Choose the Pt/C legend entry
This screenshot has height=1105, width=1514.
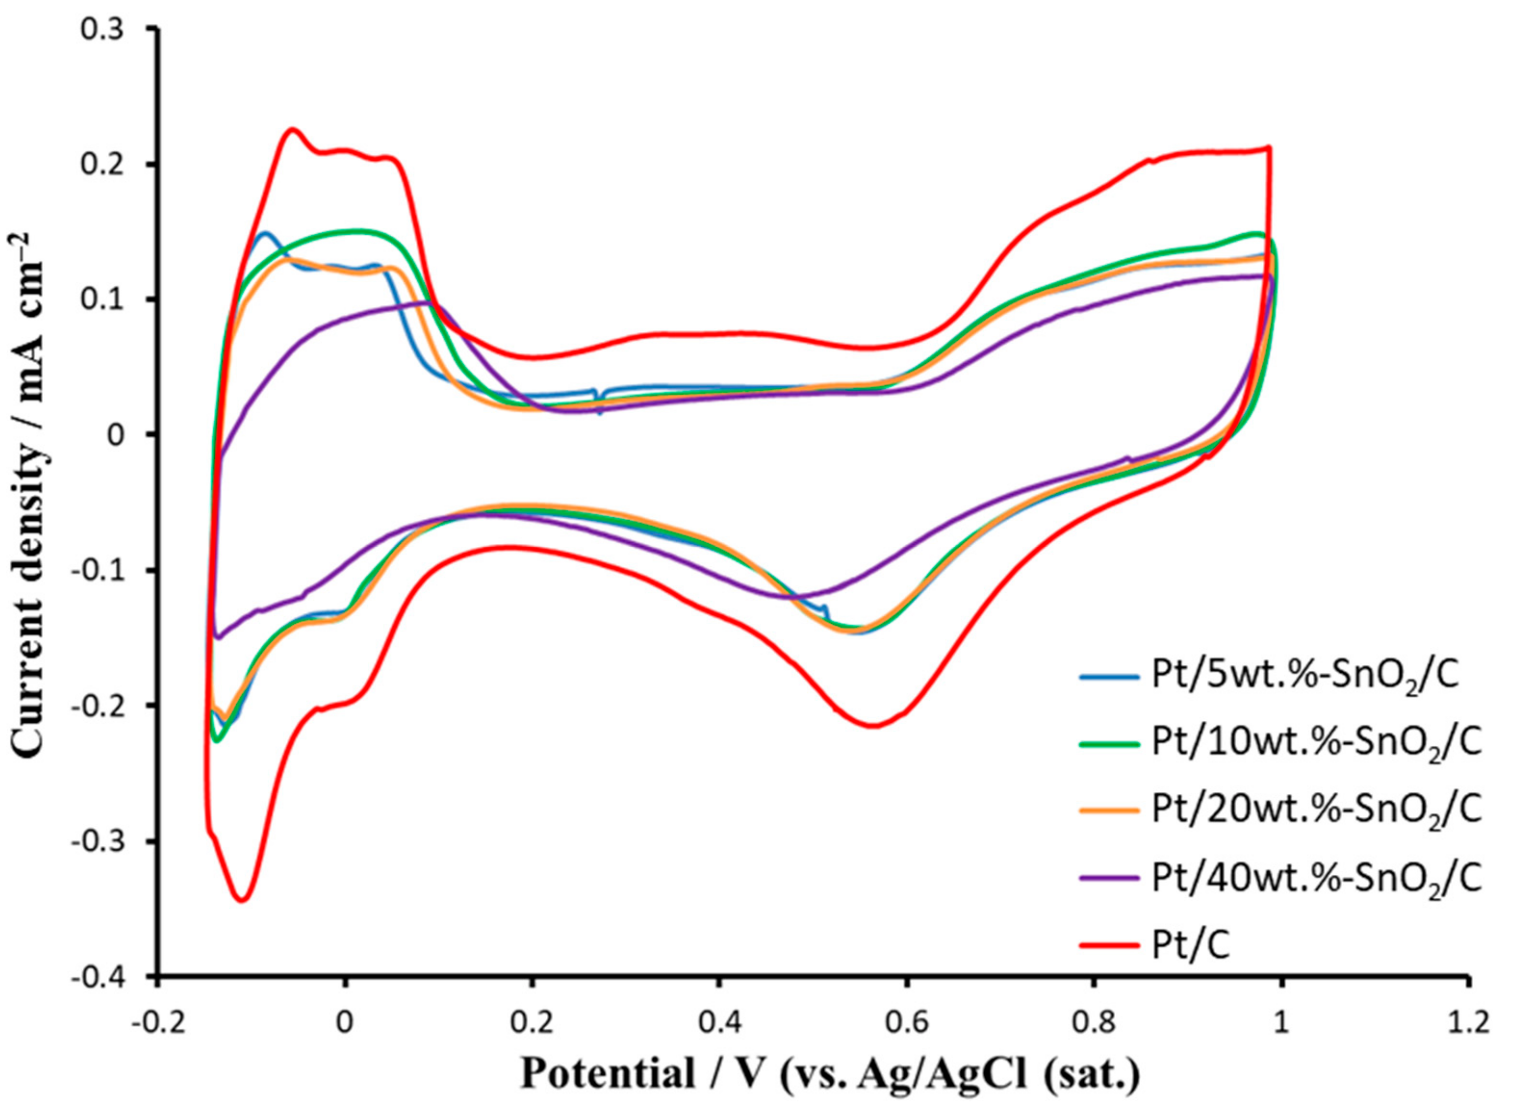point(1190,946)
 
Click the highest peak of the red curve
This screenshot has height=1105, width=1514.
point(292,128)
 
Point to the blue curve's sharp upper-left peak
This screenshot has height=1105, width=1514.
point(265,233)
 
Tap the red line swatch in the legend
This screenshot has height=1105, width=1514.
point(1109,946)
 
